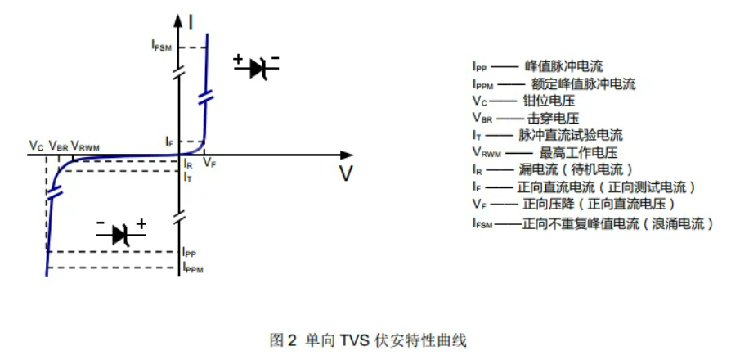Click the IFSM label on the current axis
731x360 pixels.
point(161,47)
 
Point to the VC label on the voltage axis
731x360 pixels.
point(36,146)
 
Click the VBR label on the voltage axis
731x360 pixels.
point(58,146)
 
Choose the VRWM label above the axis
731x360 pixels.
point(85,146)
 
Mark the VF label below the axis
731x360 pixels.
point(209,164)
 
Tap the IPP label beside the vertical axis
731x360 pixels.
point(190,253)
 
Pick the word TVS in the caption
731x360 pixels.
point(352,339)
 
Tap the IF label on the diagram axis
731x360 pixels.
point(169,142)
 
